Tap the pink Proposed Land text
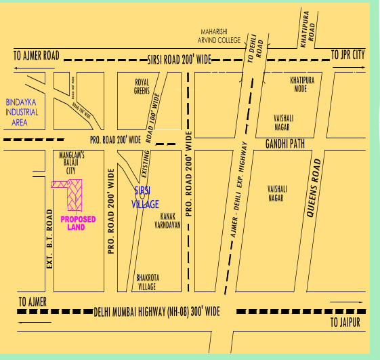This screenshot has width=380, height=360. click(78, 223)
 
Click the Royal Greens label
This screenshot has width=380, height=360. click(142, 85)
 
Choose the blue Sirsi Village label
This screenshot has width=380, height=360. click(144, 197)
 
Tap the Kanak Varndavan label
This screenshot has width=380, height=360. click(167, 220)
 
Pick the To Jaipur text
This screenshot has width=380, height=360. click(346, 322)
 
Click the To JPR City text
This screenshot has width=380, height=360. click(348, 54)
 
